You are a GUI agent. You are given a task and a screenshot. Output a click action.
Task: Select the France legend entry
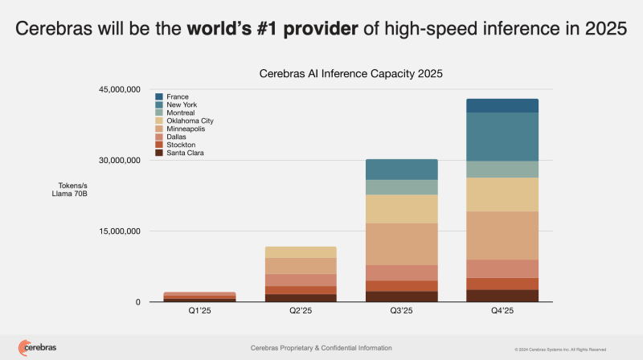point(178,96)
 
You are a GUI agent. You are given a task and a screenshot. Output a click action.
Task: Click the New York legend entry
point(182,104)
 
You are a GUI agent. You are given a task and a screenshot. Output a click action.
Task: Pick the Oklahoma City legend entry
point(190,121)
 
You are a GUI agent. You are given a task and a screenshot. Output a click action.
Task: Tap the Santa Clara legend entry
point(186,153)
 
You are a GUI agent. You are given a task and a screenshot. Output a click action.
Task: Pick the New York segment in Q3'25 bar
point(403,170)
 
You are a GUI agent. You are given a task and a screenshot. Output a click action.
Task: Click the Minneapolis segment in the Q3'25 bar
point(403,243)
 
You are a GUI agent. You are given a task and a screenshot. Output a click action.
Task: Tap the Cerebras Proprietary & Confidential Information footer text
point(321,348)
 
